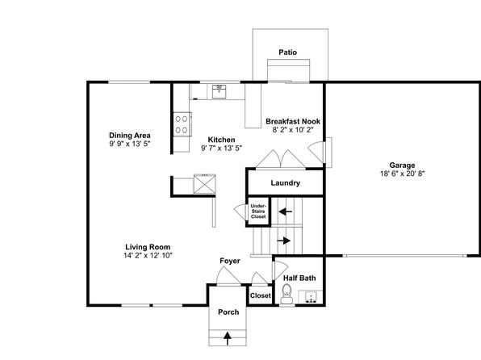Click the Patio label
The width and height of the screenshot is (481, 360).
pyautogui.click(x=288, y=52)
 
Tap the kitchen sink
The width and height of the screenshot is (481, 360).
pyautogui.click(x=219, y=91)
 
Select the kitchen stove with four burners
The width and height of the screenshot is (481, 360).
pyautogui.click(x=182, y=124)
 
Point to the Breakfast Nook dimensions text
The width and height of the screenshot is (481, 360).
pyautogui.click(x=293, y=130)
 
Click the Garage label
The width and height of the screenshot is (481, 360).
pyautogui.click(x=402, y=165)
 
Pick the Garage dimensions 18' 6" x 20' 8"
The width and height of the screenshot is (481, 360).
pyautogui.click(x=402, y=174)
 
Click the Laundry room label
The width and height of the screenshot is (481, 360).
pyautogui.click(x=285, y=183)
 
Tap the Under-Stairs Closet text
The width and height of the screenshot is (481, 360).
pyautogui.click(x=258, y=211)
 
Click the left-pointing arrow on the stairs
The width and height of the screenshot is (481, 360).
pyautogui.click(x=285, y=211)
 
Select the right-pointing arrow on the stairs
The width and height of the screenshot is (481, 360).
pyautogui.click(x=284, y=241)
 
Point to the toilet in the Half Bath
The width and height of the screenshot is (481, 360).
pyautogui.click(x=287, y=294)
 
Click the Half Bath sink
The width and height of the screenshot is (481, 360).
pyautogui.click(x=311, y=297)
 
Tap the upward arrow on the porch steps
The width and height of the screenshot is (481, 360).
pyautogui.click(x=228, y=338)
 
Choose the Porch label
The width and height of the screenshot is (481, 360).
pyautogui.click(x=228, y=312)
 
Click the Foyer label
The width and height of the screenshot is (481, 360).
pyautogui.click(x=230, y=261)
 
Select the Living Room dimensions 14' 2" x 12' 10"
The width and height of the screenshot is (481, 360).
pyautogui.click(x=148, y=255)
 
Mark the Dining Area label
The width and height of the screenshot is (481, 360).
pyautogui.click(x=130, y=136)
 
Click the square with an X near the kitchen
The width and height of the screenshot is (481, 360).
pyautogui.click(x=205, y=184)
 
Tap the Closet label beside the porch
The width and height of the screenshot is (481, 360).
pyautogui.click(x=261, y=295)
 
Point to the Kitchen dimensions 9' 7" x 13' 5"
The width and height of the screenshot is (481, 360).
pyautogui.click(x=221, y=149)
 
